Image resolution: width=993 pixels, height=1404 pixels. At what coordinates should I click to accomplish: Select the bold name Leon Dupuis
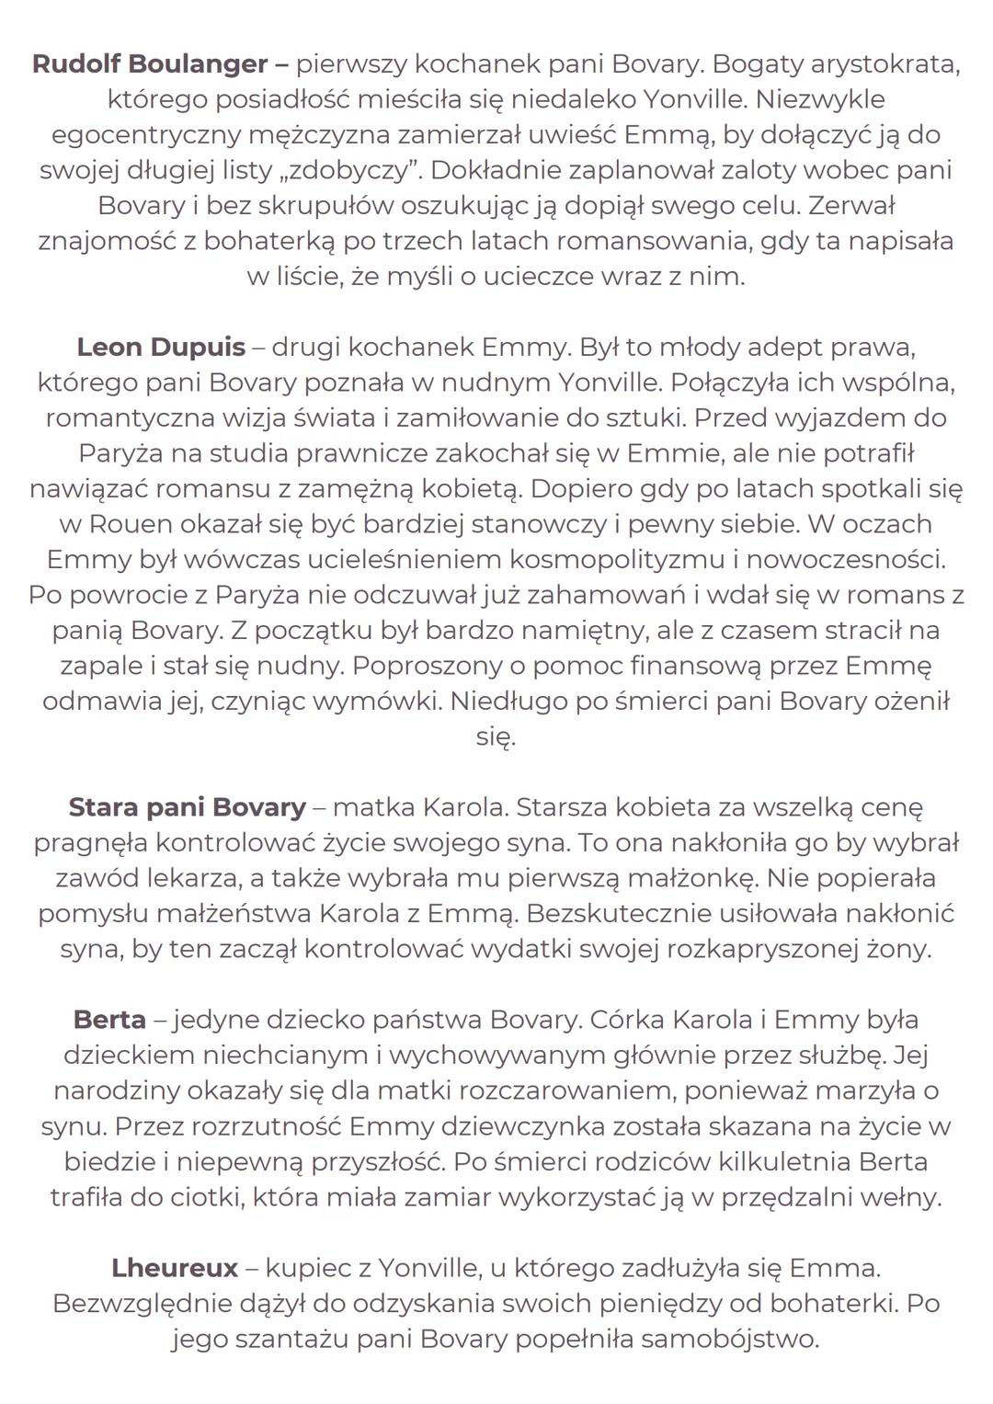click(161, 347)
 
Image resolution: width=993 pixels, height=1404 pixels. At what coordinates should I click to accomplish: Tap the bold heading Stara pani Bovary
click(187, 806)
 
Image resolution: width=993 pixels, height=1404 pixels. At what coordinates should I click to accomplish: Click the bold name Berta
click(109, 1019)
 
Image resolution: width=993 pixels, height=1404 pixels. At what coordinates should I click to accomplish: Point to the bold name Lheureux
click(175, 1267)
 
